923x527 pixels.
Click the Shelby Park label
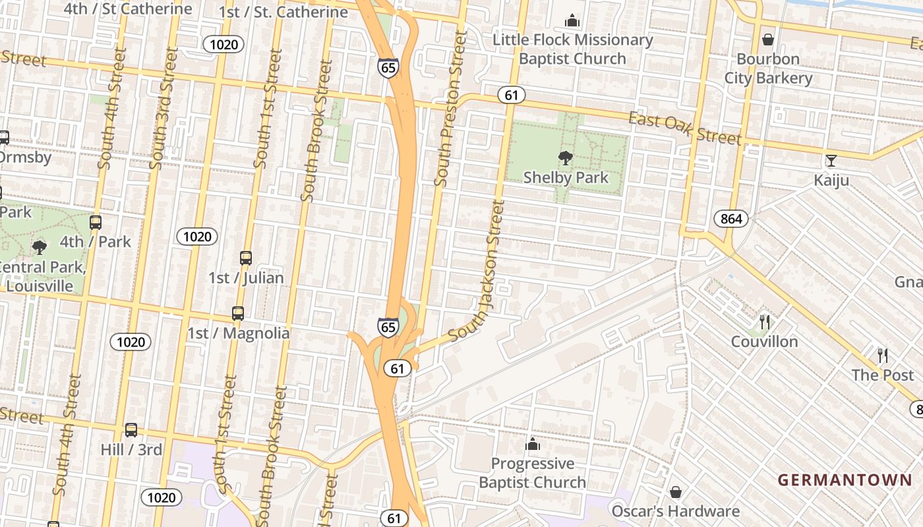coord(566,177)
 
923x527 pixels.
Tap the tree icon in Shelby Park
coord(565,158)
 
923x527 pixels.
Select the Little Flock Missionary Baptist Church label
coord(572,49)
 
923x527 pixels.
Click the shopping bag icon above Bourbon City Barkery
coord(768,40)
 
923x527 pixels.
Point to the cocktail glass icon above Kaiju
coord(831,161)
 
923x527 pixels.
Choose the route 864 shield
coord(731,219)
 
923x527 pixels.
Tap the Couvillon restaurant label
coord(764,341)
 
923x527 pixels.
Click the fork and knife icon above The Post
coord(883,356)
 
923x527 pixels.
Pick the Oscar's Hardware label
coord(675,511)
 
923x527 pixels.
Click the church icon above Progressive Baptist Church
coord(533,445)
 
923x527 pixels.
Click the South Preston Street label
coord(450,109)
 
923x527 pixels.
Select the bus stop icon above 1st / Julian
coord(246,258)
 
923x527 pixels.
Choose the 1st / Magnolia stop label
coord(238,333)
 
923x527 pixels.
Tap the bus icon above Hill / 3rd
coord(131,430)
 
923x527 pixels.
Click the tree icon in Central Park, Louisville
coord(40,248)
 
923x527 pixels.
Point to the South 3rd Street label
coord(163,109)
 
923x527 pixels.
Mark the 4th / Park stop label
coord(96,242)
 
